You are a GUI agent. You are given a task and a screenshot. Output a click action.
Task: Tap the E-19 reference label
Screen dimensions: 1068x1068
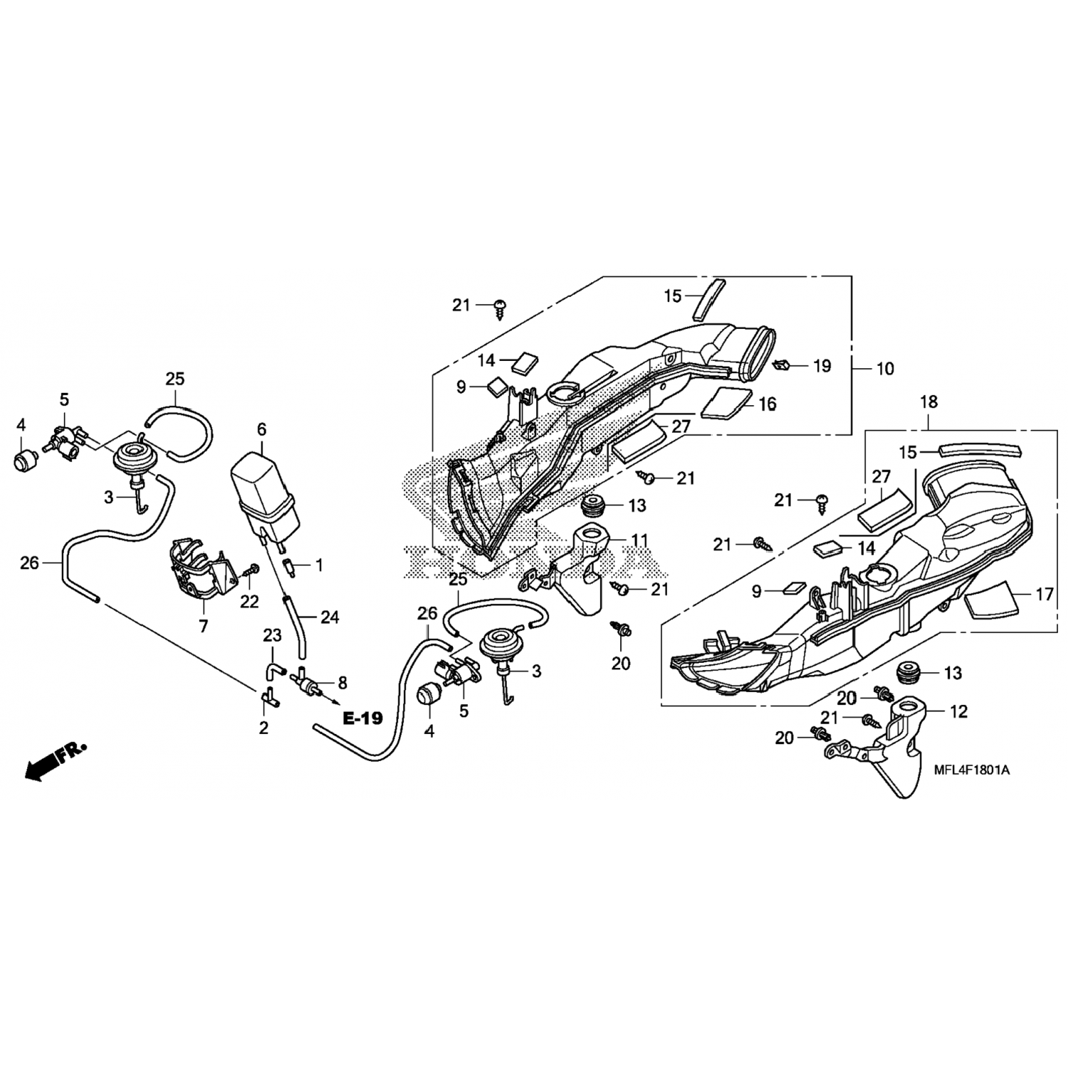tap(362, 718)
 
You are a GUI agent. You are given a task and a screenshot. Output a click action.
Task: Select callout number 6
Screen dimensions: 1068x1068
tap(261, 429)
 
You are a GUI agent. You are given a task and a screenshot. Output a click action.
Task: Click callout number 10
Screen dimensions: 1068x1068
tap(885, 369)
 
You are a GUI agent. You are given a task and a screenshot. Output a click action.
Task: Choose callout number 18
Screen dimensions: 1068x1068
tap(929, 402)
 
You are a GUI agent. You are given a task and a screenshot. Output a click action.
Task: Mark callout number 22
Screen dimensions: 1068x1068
tap(249, 602)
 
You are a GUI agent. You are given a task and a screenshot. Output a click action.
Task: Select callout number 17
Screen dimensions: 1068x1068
tap(1044, 594)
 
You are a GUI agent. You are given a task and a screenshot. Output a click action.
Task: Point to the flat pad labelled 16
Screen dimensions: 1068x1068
tap(726, 402)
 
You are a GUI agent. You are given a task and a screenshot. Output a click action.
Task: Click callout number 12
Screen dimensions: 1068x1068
tap(958, 712)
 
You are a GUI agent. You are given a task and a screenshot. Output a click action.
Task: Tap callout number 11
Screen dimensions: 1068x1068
tap(639, 541)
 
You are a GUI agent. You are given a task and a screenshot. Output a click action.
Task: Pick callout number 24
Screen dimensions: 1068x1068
tap(330, 617)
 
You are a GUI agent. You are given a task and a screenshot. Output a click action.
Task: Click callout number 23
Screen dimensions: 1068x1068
tap(273, 635)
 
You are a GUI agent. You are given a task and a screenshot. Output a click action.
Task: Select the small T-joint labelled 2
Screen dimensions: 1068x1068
tap(268, 701)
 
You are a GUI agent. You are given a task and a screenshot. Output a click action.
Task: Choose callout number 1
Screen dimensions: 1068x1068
tap(319, 565)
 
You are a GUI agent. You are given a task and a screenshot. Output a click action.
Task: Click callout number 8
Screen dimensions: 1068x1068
tap(342, 683)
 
